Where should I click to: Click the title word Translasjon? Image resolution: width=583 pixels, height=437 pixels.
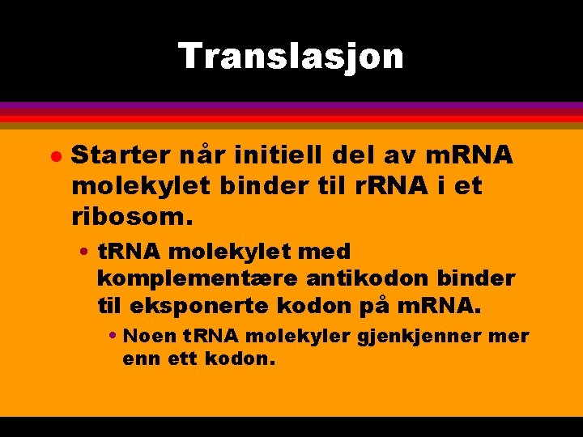coord(291,57)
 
